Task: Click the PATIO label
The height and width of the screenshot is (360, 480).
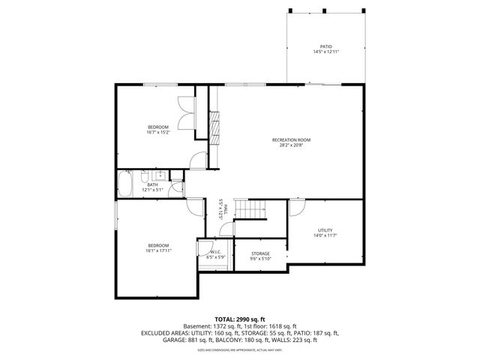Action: click(325, 46)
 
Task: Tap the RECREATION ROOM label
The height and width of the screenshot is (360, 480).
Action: click(291, 139)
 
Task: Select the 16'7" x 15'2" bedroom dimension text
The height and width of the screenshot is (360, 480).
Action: click(158, 132)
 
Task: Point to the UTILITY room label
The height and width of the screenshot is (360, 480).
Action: click(325, 230)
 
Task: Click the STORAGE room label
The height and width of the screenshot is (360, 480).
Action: click(260, 253)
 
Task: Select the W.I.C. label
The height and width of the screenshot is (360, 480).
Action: click(215, 252)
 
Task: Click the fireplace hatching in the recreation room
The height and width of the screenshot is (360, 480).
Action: click(215, 128)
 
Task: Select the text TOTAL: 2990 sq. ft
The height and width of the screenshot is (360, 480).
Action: click(239, 319)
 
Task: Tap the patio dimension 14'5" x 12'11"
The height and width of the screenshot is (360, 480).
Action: click(325, 52)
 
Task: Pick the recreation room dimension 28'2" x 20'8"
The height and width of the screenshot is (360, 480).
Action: click(291, 145)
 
